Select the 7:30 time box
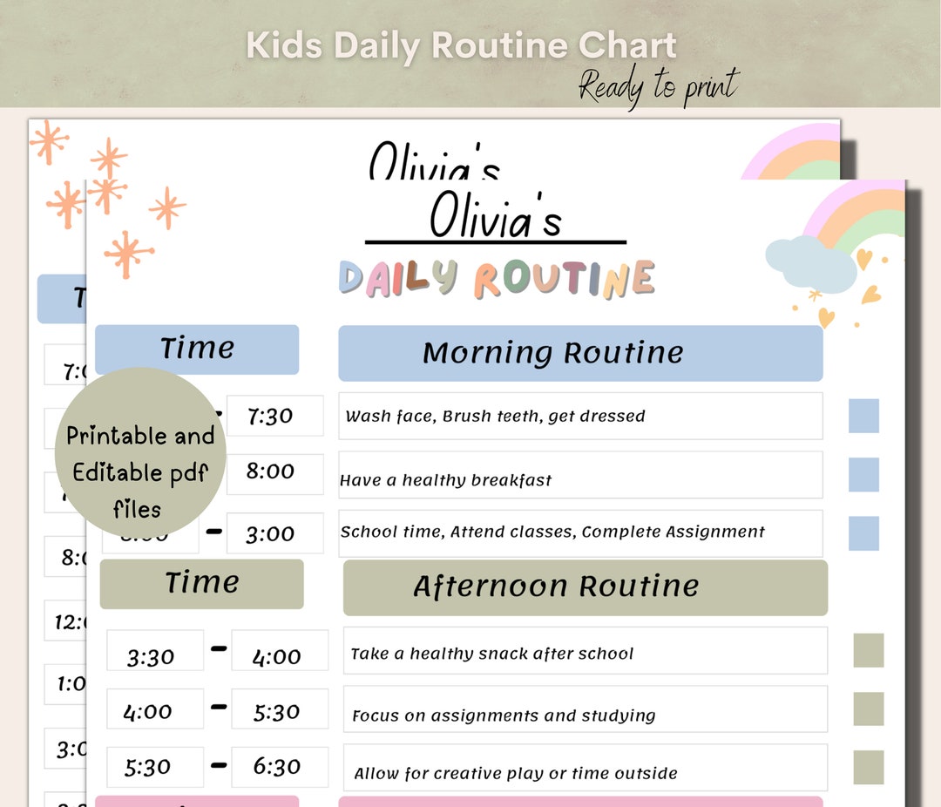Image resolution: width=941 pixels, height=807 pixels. (274, 416)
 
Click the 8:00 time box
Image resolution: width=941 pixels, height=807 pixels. (274, 471)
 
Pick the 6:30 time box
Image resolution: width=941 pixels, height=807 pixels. (280, 767)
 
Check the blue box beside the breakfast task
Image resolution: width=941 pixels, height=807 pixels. (863, 475)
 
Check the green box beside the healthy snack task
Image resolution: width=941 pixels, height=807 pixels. (868, 650)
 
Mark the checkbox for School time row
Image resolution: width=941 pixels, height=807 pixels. (863, 533)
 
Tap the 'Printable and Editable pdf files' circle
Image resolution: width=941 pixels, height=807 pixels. (140, 453)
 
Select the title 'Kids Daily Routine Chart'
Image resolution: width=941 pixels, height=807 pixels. (461, 45)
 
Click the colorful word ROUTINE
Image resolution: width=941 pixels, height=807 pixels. (564, 279)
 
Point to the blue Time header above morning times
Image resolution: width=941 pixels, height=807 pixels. (197, 349)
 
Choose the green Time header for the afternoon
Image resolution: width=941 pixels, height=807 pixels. (201, 583)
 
